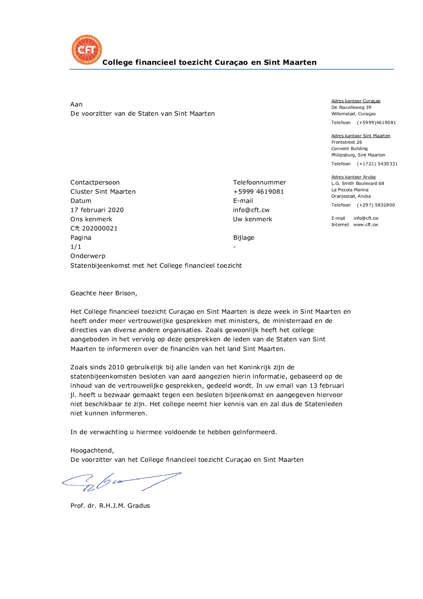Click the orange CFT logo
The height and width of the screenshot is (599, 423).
[86, 50]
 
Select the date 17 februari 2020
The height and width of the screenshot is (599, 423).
[97, 210]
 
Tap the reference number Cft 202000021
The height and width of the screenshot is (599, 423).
[94, 228]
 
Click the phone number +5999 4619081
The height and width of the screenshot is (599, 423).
[258, 192]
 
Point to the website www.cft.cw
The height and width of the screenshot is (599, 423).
[365, 225]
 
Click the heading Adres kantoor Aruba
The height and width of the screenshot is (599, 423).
[353, 177]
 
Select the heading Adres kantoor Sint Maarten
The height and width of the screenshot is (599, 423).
[361, 136]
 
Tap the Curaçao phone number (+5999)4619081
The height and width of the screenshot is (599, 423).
[376, 123]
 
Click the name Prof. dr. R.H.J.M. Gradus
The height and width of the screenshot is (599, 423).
[110, 506]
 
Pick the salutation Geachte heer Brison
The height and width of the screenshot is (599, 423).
[104, 293]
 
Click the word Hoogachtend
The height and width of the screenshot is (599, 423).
[92, 451]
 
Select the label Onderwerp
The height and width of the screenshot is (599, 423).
[88, 256]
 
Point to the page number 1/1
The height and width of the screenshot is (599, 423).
[76, 247]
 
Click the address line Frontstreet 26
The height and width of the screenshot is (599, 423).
[347, 142]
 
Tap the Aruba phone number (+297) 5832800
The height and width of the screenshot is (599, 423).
[376, 205]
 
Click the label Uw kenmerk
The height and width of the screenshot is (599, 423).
[252, 219]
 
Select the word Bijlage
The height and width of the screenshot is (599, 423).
[243, 238]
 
